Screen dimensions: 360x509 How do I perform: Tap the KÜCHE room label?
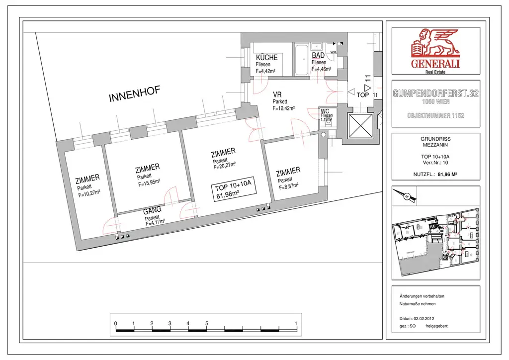[266, 58]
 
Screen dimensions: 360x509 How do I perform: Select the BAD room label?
[318, 56]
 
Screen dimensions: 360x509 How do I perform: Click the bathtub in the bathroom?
[301, 59]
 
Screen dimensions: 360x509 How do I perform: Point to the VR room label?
[277, 94]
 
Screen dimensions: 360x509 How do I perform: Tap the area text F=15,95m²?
[149, 182]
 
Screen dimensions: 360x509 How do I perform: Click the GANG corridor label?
[152, 210]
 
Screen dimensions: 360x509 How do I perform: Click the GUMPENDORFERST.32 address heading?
[435, 93]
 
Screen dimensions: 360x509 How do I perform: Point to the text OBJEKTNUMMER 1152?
[435, 115]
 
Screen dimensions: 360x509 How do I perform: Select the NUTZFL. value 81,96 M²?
[447, 175]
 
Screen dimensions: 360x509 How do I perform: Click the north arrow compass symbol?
[406, 196]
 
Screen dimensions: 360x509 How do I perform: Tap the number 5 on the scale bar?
[206, 324]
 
